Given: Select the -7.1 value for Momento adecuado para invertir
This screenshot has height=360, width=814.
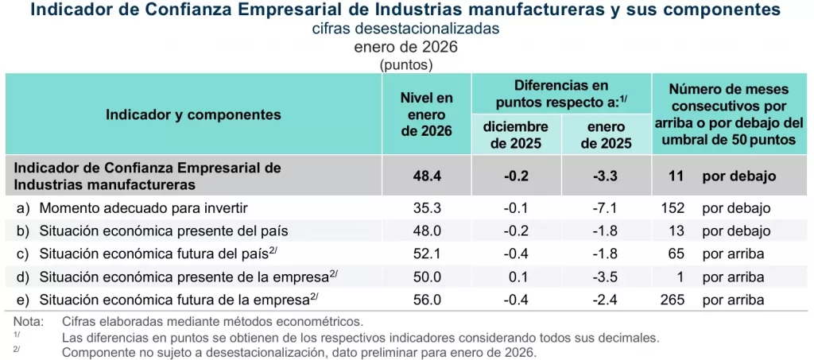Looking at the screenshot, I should click(607, 208).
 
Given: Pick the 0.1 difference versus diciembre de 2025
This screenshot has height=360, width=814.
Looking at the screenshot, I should click(516, 277).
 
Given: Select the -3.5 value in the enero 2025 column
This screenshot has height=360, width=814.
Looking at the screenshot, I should click(607, 277).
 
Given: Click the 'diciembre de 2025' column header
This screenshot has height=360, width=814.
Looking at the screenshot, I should click(516, 136).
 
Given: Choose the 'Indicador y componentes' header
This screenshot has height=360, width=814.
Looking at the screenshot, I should click(193, 114).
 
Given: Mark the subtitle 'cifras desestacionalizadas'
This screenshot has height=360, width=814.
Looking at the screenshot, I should click(405, 29).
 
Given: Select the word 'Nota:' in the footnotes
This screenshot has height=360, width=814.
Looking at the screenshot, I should click(29, 322).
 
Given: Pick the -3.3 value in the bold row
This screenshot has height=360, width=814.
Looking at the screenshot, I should click(607, 176).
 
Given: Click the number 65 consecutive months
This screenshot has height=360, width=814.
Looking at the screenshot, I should click(676, 254).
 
